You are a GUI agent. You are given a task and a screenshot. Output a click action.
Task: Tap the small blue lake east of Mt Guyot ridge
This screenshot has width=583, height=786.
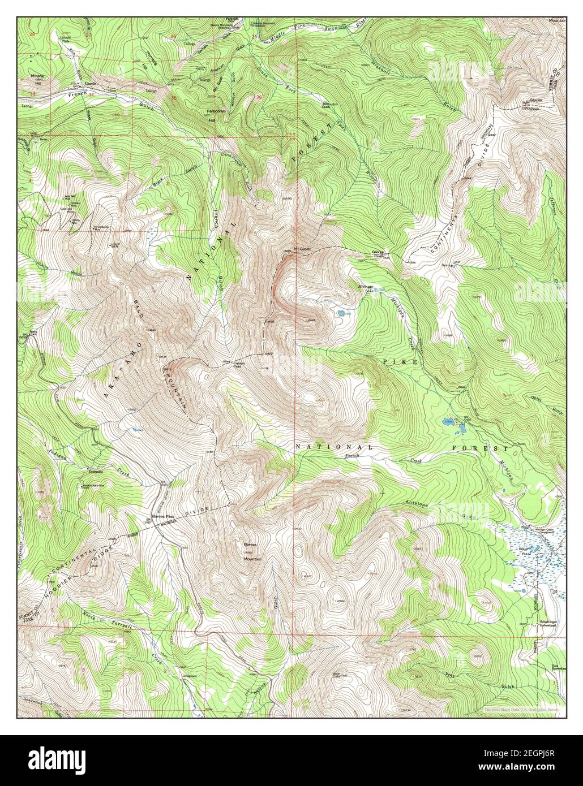(x=341, y=312)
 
